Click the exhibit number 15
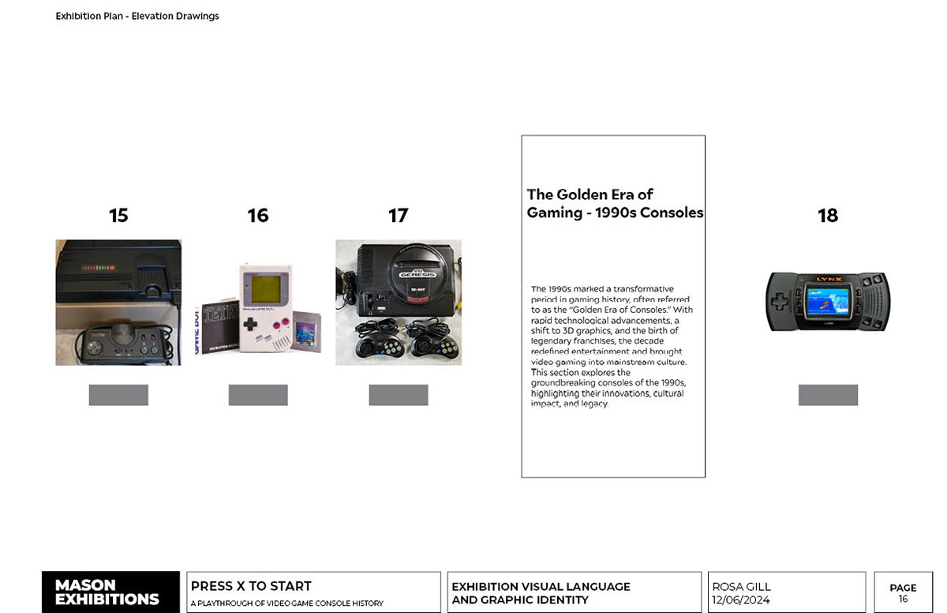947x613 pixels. [118, 216]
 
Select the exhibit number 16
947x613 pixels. [258, 216]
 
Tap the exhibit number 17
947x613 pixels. [399, 216]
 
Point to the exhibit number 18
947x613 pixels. [828, 216]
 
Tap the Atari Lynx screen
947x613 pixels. [828, 301]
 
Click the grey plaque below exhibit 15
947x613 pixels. [118, 395]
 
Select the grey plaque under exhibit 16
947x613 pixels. [258, 395]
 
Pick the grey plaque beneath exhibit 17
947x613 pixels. [399, 395]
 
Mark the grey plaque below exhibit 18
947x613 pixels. [828, 395]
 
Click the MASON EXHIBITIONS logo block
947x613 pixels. [110, 592]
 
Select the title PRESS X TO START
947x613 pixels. [251, 586]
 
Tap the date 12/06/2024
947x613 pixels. [741, 600]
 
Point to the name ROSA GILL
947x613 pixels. [741, 587]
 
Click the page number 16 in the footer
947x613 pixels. [903, 600]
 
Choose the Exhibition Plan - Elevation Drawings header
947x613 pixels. [137, 16]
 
